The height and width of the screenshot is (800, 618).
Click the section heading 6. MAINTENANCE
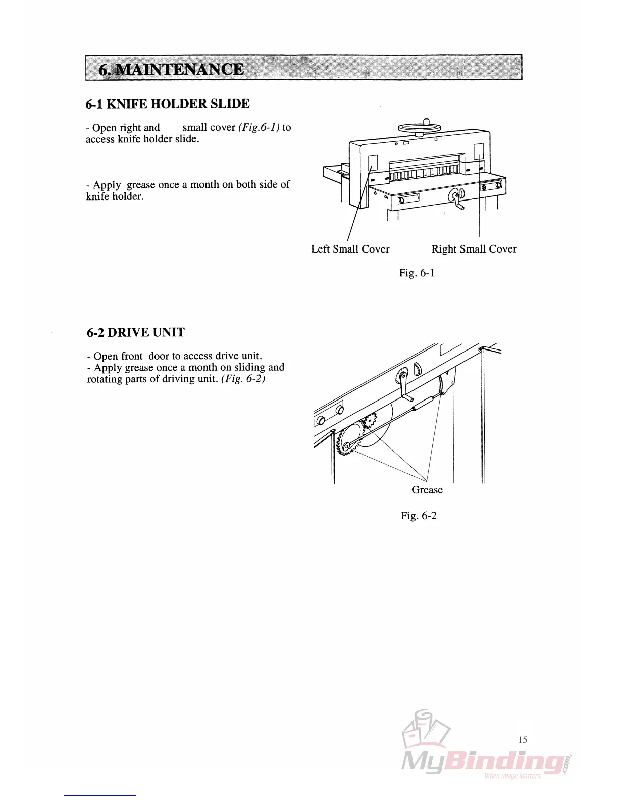[x=171, y=69]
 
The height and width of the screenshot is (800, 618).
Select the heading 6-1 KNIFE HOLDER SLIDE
[x=168, y=104]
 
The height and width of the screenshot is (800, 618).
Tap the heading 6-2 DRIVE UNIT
[x=136, y=333]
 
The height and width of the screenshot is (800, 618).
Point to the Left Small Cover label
[x=350, y=249]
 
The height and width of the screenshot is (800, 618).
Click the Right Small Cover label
[x=474, y=249]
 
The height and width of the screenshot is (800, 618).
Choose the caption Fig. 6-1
[x=417, y=273]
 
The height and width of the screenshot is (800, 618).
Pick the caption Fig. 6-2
[x=419, y=516]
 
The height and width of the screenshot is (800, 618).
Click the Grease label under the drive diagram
[x=427, y=490]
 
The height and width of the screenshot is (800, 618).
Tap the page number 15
[x=523, y=740]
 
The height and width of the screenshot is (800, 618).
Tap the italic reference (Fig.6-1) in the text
[x=259, y=128]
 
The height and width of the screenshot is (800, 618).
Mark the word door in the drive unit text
[x=159, y=356]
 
